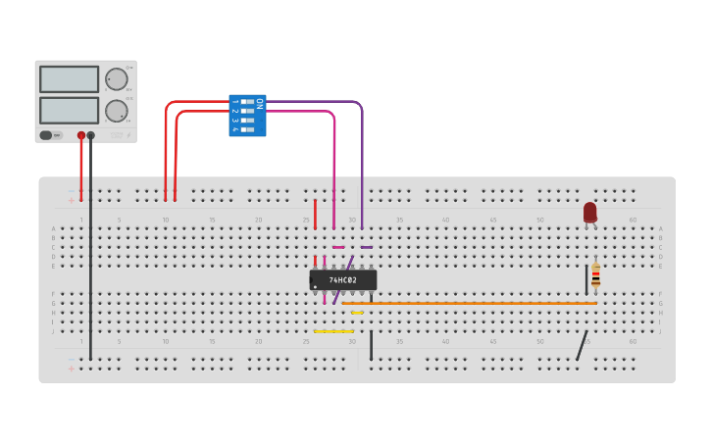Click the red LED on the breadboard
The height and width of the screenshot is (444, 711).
coord(589,212)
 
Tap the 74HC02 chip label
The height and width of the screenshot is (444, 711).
coord(343,280)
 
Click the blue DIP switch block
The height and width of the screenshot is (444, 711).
coord(247,116)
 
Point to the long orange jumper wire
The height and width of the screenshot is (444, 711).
coord(471,304)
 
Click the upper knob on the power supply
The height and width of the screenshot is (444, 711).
coord(116,79)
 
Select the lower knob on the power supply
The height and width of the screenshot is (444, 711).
coord(116,110)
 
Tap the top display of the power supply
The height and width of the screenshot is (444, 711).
coord(69,79)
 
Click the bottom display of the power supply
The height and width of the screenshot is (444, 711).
coord(69,110)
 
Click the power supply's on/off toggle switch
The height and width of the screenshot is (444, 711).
coord(51,135)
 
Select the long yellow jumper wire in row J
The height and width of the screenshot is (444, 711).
coord(333,331)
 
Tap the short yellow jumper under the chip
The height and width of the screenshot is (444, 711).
coord(357,313)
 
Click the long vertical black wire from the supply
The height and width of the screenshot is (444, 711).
coord(91,255)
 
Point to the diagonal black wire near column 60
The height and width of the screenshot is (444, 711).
coord(582,345)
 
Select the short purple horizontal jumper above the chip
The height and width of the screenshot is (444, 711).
coord(366,247)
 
